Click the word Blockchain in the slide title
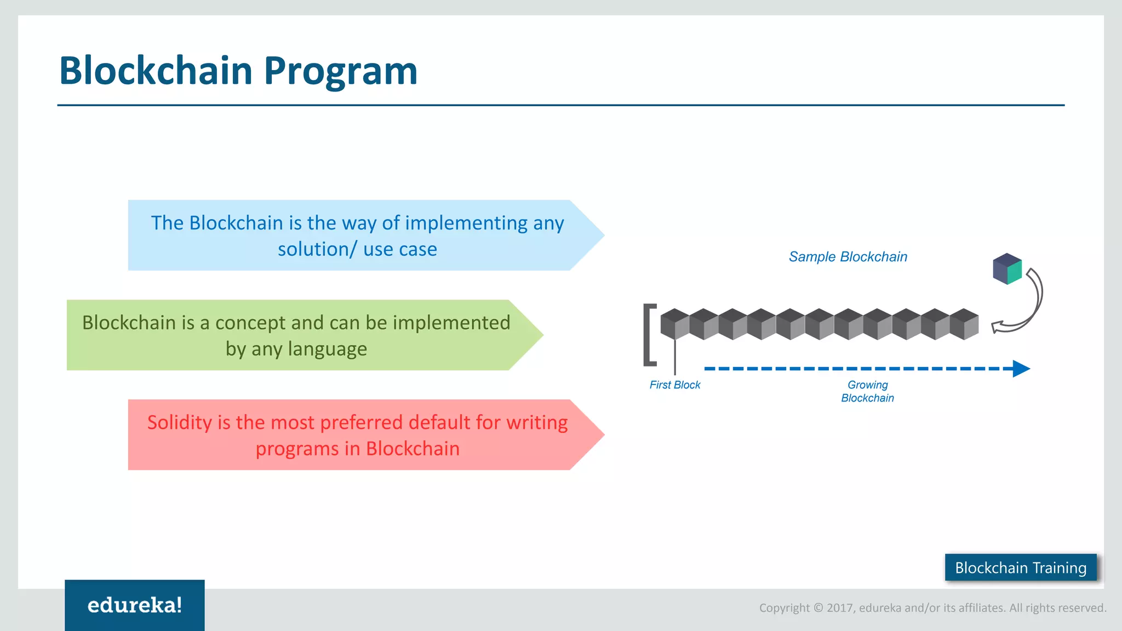click(x=156, y=71)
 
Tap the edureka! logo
click(x=135, y=605)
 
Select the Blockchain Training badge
click(x=1021, y=567)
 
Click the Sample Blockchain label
click(x=848, y=257)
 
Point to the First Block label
click(x=674, y=385)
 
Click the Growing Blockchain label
click(x=867, y=392)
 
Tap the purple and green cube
click(x=1007, y=268)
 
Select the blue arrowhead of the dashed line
click(x=1021, y=369)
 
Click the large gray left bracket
click(x=649, y=334)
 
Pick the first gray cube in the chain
click(x=674, y=324)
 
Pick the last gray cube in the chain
click(x=964, y=324)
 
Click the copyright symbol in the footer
click(x=818, y=608)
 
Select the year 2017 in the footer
click(x=840, y=608)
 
